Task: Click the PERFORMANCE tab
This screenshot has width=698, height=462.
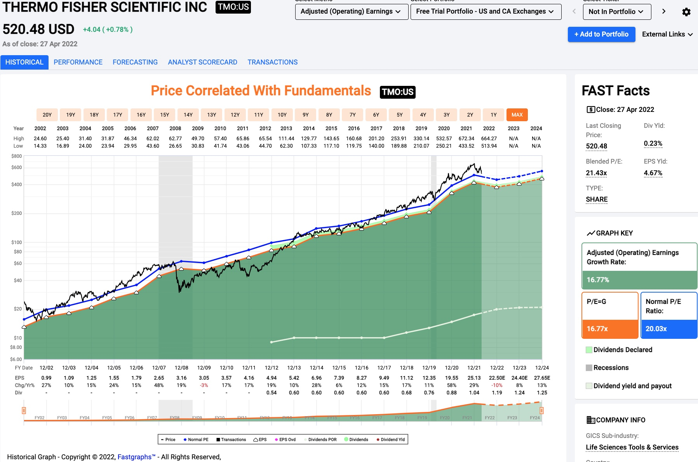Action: click(78, 62)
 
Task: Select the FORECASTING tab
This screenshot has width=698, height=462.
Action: click(135, 62)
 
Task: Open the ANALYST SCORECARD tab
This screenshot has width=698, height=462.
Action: click(202, 62)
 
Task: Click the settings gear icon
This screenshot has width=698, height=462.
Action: click(686, 12)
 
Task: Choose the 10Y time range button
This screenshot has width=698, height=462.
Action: click(282, 115)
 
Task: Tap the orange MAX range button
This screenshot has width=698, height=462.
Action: click(517, 115)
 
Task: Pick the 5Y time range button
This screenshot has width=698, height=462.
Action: click(400, 115)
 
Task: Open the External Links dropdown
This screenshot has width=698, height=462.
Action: click(667, 34)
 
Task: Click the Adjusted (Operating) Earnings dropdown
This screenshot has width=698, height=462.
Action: click(351, 12)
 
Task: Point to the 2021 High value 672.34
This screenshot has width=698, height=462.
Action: click(466, 138)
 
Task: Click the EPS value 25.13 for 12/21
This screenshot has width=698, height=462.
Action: click(474, 378)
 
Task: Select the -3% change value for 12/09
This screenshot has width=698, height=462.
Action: click(204, 385)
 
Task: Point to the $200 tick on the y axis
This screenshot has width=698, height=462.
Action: click(17, 213)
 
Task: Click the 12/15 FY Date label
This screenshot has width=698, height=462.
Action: click(339, 368)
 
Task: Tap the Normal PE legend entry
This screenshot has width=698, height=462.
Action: click(196, 439)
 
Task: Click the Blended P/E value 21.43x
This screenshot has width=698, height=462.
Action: click(596, 173)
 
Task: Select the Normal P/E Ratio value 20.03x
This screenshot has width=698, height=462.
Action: click(656, 329)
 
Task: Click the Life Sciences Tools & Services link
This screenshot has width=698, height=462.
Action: click(632, 447)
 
